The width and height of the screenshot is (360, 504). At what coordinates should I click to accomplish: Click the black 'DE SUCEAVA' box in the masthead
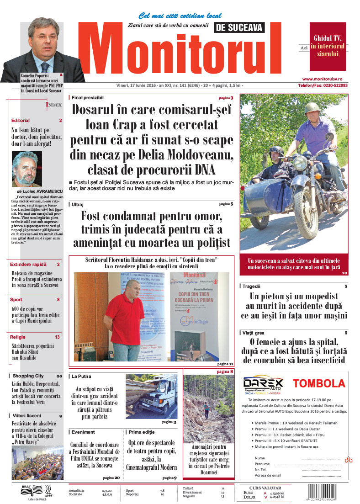coord(239,27)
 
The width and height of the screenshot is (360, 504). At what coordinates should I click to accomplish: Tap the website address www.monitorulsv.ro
coord(325,79)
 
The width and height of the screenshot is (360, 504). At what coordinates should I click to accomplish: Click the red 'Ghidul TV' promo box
coord(328,45)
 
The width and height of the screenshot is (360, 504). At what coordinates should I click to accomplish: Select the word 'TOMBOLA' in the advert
coord(318,383)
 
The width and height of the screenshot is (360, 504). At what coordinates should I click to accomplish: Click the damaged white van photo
coord(152,396)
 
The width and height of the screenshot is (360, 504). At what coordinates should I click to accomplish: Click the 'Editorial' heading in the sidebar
coord(21,120)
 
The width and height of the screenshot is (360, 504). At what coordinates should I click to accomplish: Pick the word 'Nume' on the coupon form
coord(259,458)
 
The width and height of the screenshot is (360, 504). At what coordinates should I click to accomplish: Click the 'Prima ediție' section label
coord(142,432)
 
